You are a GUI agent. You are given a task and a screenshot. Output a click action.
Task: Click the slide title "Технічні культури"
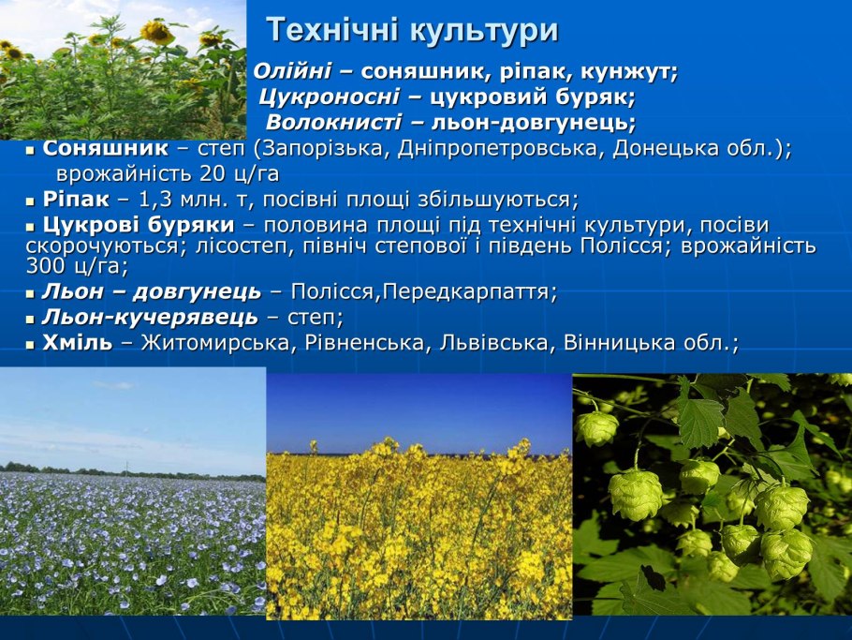[x=412, y=31]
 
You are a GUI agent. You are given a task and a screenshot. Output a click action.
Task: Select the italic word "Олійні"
[x=290, y=72]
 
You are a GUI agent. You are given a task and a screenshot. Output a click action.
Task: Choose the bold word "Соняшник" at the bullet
[x=106, y=149]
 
